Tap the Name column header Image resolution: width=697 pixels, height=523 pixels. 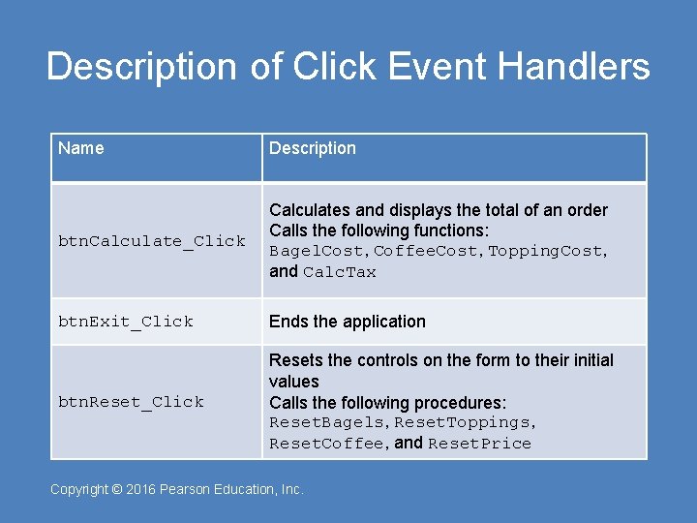pyautogui.click(x=81, y=148)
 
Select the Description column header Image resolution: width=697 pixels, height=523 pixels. pyautogui.click(x=312, y=148)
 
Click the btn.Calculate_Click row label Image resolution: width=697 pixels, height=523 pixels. pyautogui.click(x=152, y=241)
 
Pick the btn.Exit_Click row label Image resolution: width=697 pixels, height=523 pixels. pyautogui.click(x=126, y=322)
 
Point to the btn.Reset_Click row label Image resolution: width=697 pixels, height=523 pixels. pyautogui.click(x=131, y=402)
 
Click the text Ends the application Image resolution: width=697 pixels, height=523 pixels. pyautogui.click(x=347, y=322)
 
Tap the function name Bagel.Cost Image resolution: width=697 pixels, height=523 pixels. pyautogui.click(x=318, y=252)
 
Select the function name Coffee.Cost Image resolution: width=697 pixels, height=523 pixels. pyautogui.click(x=426, y=252)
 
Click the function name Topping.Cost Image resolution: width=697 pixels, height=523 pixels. pyautogui.click(x=546, y=252)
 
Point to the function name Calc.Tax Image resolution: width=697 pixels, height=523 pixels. pyautogui.click(x=339, y=273)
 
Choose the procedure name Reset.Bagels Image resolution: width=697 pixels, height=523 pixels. pyautogui.click(x=325, y=423)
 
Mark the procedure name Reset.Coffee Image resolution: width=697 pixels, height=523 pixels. pyautogui.click(x=325, y=445)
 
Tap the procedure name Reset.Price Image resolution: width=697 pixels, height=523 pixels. pyautogui.click(x=479, y=445)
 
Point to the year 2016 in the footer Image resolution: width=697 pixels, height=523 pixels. pyautogui.click(x=140, y=490)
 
